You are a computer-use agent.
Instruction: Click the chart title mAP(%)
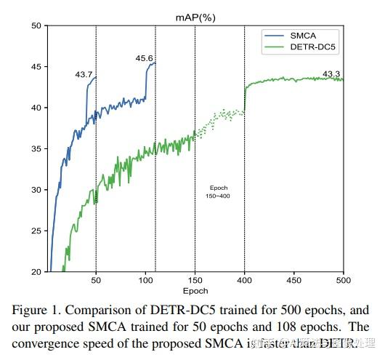pos(195,15)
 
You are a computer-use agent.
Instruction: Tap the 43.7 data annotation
pos(84,74)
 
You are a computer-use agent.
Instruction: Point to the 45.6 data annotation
pos(144,57)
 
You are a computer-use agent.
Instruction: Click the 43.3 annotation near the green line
pos(332,73)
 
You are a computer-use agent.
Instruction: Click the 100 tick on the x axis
pos(145,280)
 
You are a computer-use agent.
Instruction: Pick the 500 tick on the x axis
pos(343,280)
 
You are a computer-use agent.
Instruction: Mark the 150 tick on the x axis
pos(195,280)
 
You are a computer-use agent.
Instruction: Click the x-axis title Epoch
pos(195,290)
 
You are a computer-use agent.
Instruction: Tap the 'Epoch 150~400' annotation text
pos(219,192)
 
